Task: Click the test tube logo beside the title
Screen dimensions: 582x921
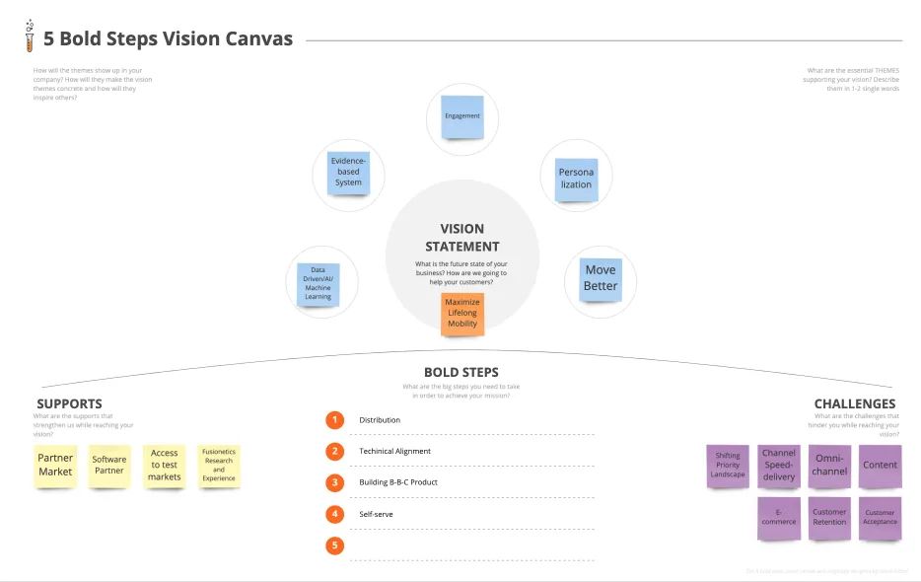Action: click(x=30, y=36)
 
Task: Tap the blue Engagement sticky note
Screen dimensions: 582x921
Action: click(x=462, y=116)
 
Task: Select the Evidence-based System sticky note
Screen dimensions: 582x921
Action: click(x=348, y=172)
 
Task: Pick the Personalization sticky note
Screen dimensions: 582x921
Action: click(x=576, y=179)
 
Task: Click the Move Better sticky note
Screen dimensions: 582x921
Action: click(x=601, y=278)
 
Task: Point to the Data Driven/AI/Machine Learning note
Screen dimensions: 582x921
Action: click(x=319, y=283)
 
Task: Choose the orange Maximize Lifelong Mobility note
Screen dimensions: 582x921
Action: click(x=462, y=313)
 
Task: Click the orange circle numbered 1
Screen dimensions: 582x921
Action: click(x=335, y=420)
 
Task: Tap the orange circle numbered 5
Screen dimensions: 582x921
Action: click(x=335, y=546)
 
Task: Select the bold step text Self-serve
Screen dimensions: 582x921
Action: click(x=376, y=514)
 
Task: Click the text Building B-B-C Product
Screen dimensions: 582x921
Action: click(x=398, y=482)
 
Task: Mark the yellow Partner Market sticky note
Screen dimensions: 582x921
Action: click(x=55, y=465)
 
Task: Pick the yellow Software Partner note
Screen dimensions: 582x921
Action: click(x=109, y=465)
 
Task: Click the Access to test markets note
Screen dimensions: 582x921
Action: click(x=165, y=465)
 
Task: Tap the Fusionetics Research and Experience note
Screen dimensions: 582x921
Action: click(x=219, y=465)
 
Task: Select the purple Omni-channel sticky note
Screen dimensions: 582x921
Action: click(x=829, y=465)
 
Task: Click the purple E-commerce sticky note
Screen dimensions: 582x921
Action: click(x=779, y=516)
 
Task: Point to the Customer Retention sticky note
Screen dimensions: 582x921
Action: click(x=829, y=516)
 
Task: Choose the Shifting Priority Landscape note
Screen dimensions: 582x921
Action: click(x=728, y=465)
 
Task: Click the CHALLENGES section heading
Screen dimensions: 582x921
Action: click(x=854, y=403)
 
